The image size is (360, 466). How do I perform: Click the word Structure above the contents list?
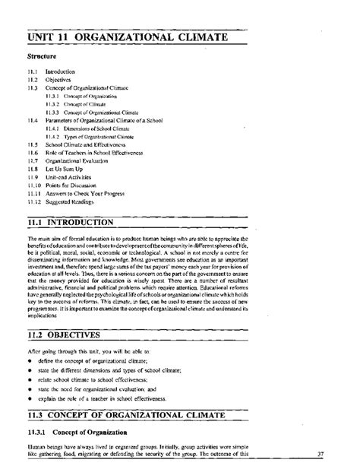[x=43, y=55]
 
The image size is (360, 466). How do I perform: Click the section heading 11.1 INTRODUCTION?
[x=71, y=223]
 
